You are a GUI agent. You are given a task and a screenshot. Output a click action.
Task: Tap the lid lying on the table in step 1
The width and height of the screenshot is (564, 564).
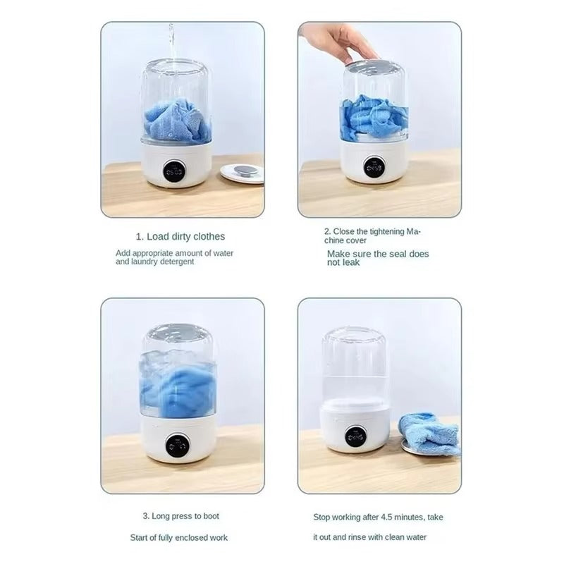(x=243, y=172)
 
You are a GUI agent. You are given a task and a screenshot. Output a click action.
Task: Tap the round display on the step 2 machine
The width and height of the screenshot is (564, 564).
(x=374, y=166)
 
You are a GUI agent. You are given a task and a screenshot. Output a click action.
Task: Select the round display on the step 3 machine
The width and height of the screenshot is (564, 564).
(x=178, y=446)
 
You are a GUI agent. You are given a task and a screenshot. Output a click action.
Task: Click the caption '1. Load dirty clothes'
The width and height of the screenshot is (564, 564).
(x=180, y=237)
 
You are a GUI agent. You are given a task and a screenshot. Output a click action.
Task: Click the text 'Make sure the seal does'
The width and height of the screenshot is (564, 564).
(x=377, y=254)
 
